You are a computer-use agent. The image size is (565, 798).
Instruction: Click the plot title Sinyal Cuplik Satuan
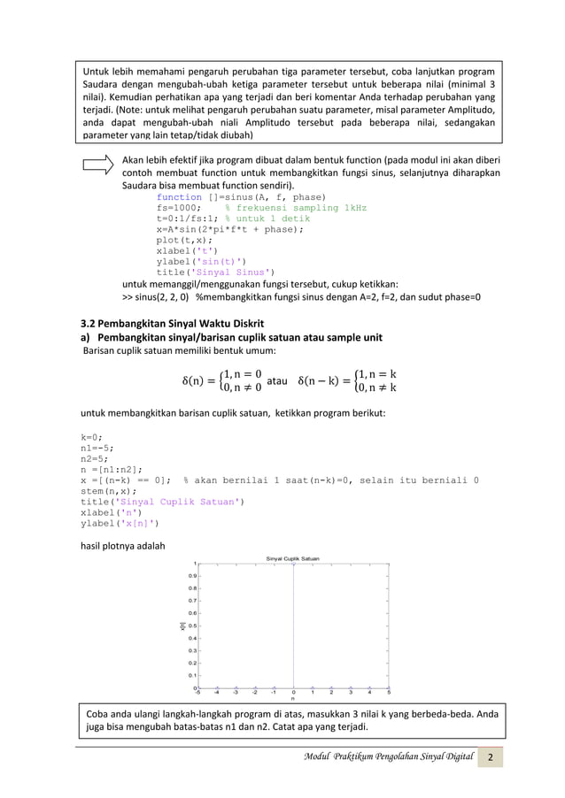[293, 557]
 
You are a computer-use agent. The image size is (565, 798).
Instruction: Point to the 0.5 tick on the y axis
[189, 625]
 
